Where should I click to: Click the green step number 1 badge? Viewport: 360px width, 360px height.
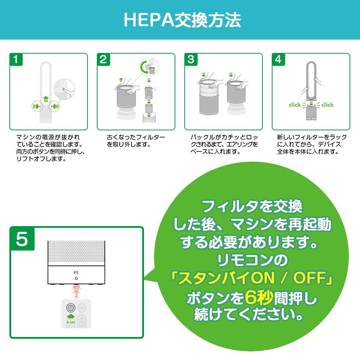(16, 59)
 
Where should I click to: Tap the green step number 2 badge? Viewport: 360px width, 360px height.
(103, 59)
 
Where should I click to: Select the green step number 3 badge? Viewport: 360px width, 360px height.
(191, 59)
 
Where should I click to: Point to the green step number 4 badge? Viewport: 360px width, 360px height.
(278, 59)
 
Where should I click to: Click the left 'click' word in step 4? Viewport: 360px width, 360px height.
(295, 105)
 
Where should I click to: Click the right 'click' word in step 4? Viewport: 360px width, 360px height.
(327, 105)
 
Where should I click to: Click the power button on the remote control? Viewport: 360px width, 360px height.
(71, 308)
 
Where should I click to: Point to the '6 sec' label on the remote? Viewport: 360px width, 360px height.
(71, 323)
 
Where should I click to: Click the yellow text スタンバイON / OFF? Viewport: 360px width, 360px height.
(252, 278)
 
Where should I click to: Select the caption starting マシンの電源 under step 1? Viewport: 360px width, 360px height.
(50, 148)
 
